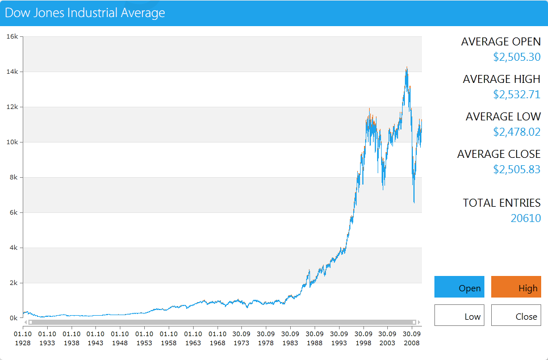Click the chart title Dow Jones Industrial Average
click(85, 12)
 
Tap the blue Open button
click(459, 287)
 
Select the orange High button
click(516, 287)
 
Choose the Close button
click(516, 315)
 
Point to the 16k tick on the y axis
click(12, 36)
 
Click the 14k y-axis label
click(12, 72)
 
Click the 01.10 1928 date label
click(23, 338)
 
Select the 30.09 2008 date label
click(412, 338)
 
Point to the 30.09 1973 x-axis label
click(241, 338)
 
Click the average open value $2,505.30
click(517, 57)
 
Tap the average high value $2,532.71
click(517, 94)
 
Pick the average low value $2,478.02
click(517, 132)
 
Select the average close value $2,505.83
click(517, 169)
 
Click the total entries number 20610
click(526, 218)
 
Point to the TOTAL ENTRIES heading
click(501, 203)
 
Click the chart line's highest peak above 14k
click(407, 68)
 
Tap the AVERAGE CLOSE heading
click(499, 154)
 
